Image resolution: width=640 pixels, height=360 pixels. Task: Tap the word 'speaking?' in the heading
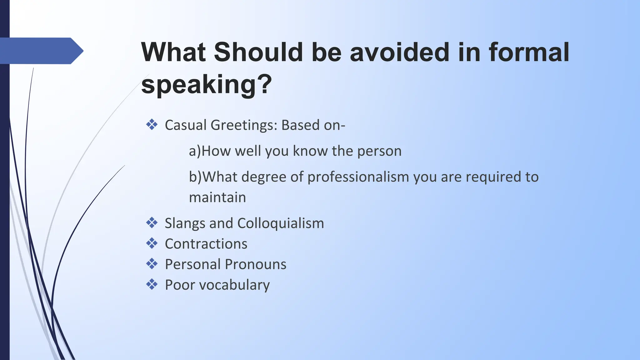click(207, 84)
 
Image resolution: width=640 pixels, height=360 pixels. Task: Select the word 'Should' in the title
click(258, 52)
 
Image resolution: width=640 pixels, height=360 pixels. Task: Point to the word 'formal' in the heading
click(529, 52)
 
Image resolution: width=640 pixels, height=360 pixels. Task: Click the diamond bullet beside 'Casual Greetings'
click(152, 125)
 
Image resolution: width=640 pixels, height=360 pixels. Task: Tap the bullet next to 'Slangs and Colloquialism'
click(152, 223)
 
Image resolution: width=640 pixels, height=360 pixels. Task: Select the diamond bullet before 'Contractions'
click(152, 243)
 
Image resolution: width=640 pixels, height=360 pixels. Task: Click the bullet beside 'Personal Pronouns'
click(152, 264)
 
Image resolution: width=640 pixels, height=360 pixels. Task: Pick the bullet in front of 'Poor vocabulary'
click(152, 284)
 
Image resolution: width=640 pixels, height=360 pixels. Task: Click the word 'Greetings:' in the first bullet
click(244, 125)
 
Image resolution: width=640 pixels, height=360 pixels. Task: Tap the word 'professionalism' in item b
click(358, 177)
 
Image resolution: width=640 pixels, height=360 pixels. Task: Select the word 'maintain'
click(217, 197)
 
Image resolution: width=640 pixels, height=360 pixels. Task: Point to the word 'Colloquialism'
click(281, 223)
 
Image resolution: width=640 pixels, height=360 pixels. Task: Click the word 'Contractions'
click(206, 244)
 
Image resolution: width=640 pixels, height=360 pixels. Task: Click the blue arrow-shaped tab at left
click(41, 51)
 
